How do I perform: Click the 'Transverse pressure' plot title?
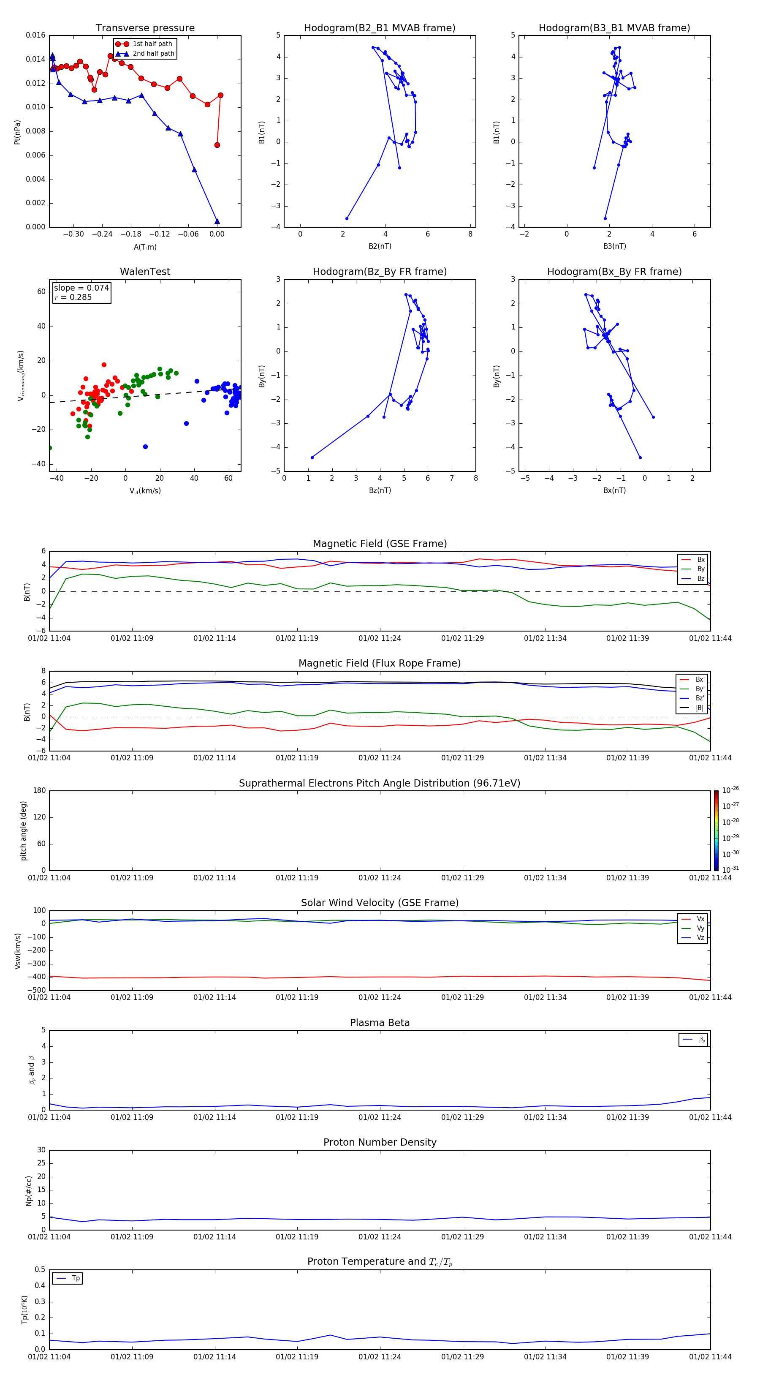click(145, 28)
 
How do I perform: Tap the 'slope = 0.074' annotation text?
click(81, 288)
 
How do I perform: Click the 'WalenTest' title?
click(145, 272)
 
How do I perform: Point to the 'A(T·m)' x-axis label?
click(145, 247)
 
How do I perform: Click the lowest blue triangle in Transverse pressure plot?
click(217, 221)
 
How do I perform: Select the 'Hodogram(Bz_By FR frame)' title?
click(380, 272)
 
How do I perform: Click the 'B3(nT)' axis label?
click(614, 246)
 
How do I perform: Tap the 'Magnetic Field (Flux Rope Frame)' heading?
click(380, 664)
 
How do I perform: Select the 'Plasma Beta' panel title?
click(380, 1023)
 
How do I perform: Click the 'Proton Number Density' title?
click(380, 1142)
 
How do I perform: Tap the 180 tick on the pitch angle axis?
click(40, 791)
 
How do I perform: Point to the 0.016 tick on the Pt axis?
click(36, 36)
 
